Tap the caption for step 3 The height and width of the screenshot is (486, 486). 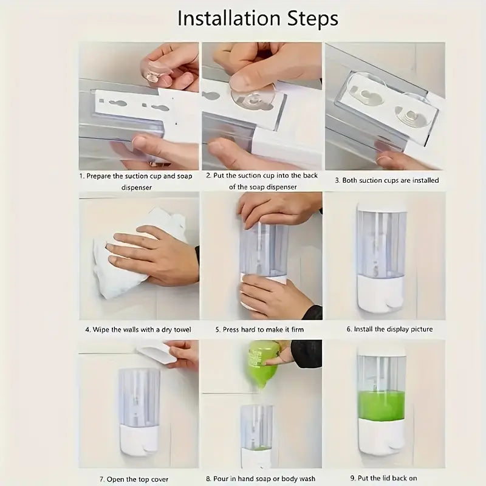pos(387,180)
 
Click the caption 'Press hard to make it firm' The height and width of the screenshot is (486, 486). pos(260,329)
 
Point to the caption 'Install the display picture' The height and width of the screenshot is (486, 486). pos(389,329)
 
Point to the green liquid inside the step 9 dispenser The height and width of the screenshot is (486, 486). pos(381,406)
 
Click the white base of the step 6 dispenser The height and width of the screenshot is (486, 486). pos(381,295)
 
